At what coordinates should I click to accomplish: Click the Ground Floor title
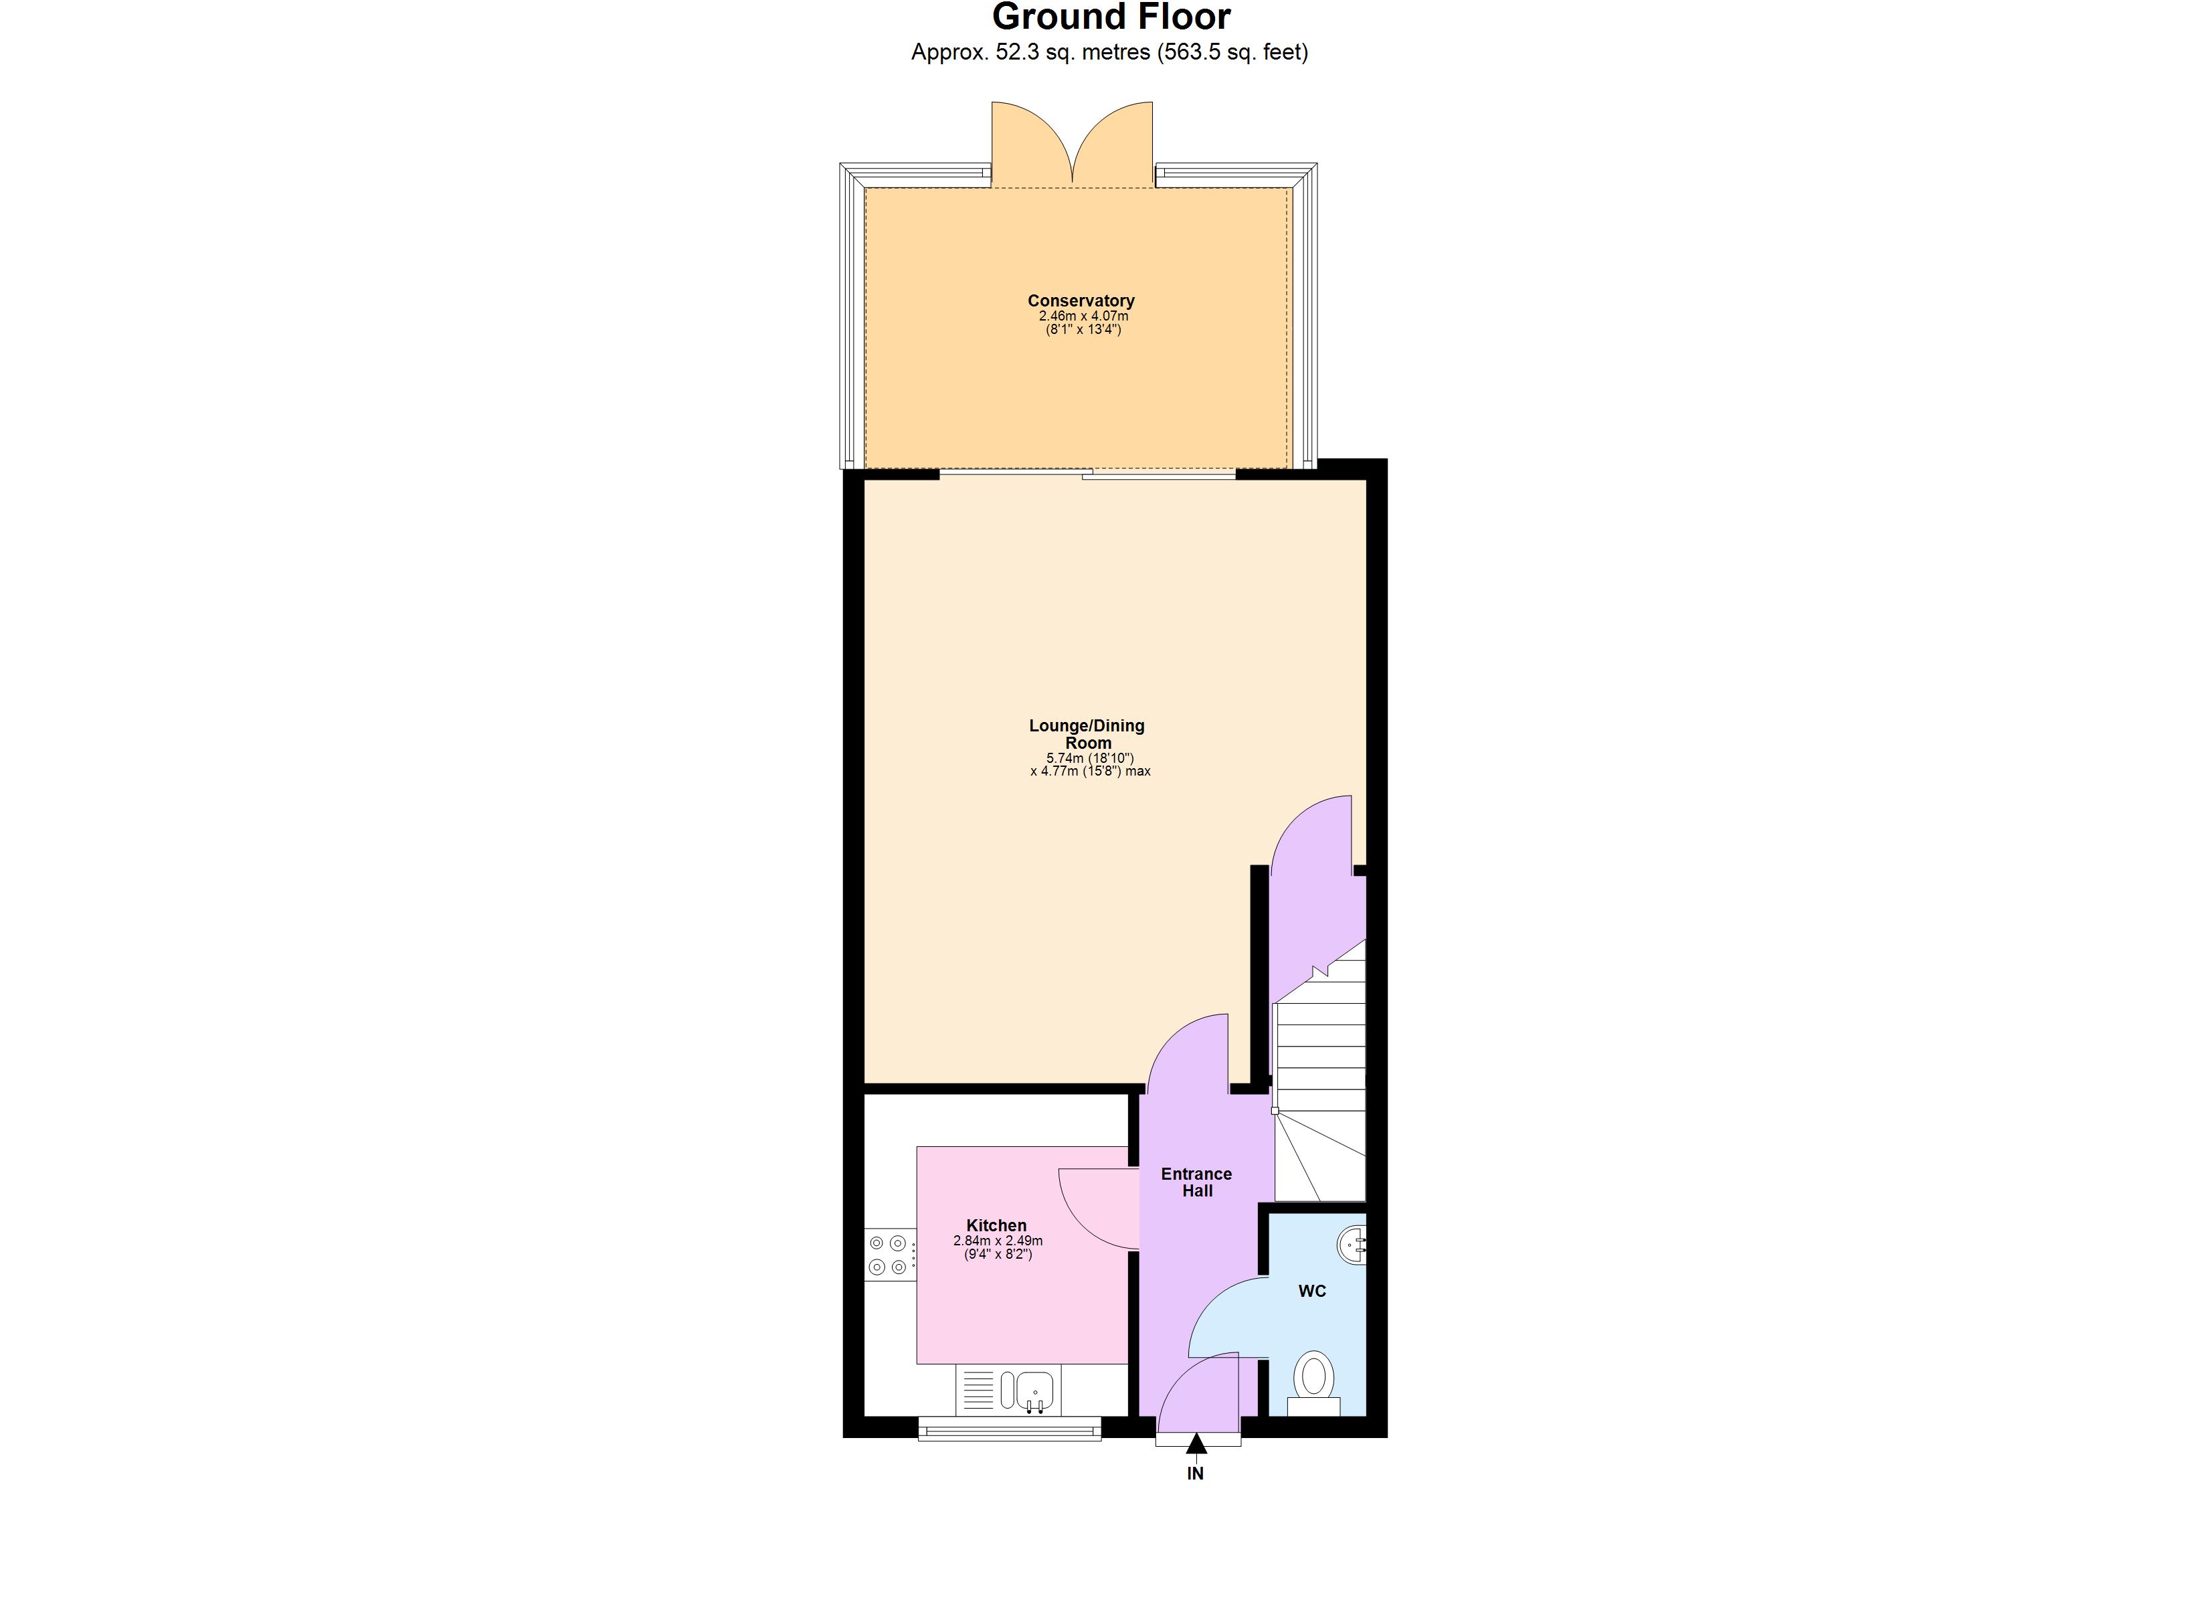(x=1111, y=17)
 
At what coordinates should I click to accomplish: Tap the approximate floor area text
(x=1109, y=53)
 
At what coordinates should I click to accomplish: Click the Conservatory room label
(x=1081, y=301)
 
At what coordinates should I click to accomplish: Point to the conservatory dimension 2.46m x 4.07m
(x=1083, y=317)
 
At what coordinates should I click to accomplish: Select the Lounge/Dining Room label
(x=1087, y=733)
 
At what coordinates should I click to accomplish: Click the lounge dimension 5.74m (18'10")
(x=1089, y=757)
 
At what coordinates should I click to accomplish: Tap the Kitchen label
(x=996, y=1225)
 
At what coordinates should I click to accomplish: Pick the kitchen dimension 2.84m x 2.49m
(x=997, y=1241)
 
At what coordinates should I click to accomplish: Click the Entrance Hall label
(x=1196, y=1181)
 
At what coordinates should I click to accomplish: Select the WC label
(x=1311, y=1291)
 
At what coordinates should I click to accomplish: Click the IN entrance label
(x=1196, y=1474)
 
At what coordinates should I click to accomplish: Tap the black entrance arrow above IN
(x=1196, y=1443)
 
